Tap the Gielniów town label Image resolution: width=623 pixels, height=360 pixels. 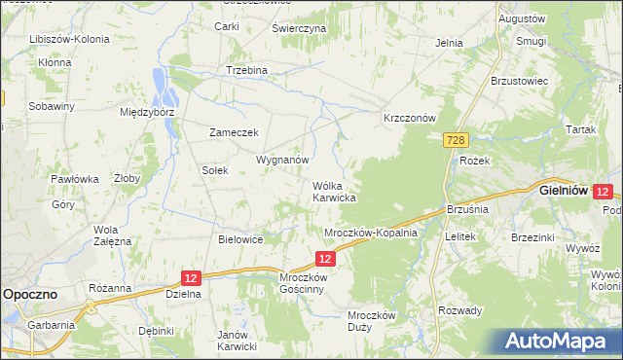[x=564, y=192]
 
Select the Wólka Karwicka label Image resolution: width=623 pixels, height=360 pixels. [x=334, y=191]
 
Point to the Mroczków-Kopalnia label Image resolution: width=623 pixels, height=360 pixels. [x=370, y=233]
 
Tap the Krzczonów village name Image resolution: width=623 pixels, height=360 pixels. [x=410, y=117]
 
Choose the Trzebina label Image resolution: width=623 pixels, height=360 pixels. [x=246, y=71]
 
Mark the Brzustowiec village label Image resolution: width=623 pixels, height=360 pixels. [x=521, y=81]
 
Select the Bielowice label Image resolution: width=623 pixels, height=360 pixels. [x=241, y=239]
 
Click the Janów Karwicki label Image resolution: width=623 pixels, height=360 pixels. [x=237, y=341]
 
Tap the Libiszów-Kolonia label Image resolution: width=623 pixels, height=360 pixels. [x=69, y=39]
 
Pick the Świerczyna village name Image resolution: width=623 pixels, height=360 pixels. [x=298, y=29]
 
